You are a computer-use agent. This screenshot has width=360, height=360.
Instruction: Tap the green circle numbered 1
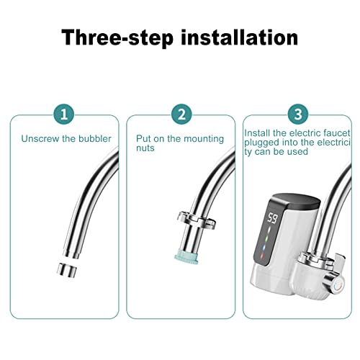coord(63,114)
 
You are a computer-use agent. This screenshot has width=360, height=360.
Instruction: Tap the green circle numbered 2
coord(180,114)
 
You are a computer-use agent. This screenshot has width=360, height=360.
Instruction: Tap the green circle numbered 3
coord(296,114)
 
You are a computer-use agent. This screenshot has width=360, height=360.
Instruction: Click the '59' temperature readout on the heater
coord(274,217)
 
